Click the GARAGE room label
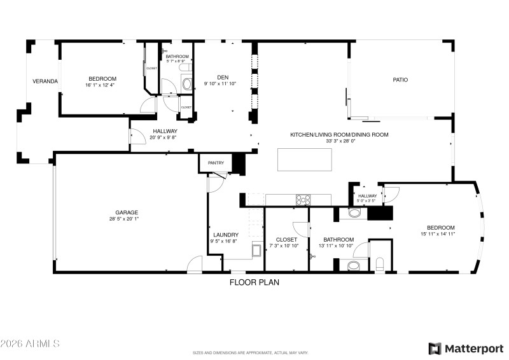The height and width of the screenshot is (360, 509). click(127, 212)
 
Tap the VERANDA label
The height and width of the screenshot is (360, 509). click(46, 81)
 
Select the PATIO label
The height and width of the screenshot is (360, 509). click(400, 80)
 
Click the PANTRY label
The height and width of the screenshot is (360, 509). click(216, 163)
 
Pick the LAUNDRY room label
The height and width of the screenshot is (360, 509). click(226, 234)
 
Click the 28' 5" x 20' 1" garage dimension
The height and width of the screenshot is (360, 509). click(127, 219)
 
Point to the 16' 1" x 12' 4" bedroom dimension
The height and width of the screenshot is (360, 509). click(102, 85)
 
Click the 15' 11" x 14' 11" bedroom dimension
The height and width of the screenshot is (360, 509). click(440, 234)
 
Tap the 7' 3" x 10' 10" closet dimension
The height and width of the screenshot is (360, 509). click(286, 246)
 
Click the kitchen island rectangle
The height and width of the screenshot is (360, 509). click(304, 160)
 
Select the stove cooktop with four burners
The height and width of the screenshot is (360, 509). click(303, 200)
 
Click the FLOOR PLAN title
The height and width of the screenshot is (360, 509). click(254, 282)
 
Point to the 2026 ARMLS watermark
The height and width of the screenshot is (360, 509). click(30, 343)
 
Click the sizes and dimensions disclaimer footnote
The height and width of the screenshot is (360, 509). click(251, 352)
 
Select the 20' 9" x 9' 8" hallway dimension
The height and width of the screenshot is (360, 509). click(165, 137)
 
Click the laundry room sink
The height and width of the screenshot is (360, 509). click(257, 249)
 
